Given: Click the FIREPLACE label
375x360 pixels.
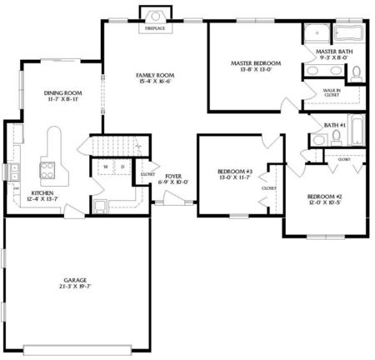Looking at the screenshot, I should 155,28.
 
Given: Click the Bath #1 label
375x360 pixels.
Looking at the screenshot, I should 335,125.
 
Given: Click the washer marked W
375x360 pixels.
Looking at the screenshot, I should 106,167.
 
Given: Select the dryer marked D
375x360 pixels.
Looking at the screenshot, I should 122,167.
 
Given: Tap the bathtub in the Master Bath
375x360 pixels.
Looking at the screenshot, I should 347,34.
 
